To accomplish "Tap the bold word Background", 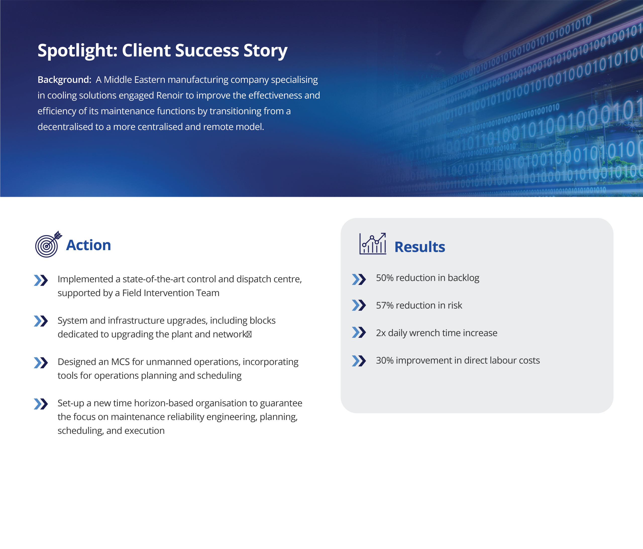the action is [x=64, y=80].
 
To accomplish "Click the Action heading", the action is [x=88, y=245].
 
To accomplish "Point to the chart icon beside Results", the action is [x=373, y=244].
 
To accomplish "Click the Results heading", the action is [x=419, y=247].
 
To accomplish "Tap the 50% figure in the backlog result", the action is [x=385, y=278].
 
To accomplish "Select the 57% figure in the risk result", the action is [x=385, y=305].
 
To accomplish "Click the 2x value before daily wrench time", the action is [x=381, y=333].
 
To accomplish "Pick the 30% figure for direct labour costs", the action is [x=385, y=360].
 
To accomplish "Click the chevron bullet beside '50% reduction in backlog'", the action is [x=359, y=279].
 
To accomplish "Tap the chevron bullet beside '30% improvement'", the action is [x=359, y=361].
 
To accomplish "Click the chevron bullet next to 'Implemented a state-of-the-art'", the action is [x=41, y=280].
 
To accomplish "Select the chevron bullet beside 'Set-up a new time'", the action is [x=41, y=404].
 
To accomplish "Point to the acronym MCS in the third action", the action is [x=120, y=362].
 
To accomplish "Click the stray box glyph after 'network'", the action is [x=249, y=335].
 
